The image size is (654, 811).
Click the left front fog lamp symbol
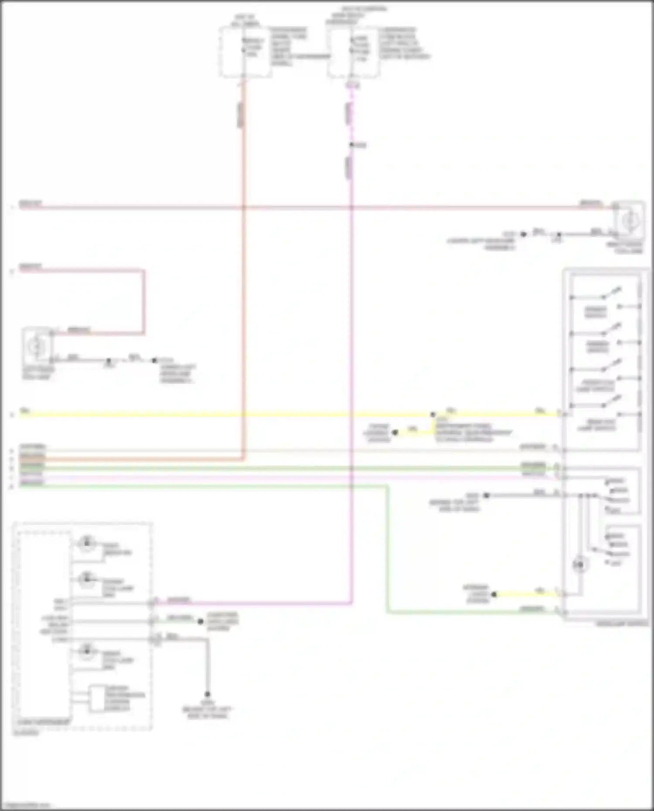pyautogui.click(x=37, y=346)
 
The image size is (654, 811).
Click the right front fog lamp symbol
pyautogui.click(x=629, y=221)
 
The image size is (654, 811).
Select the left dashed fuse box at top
pyautogui.click(x=245, y=52)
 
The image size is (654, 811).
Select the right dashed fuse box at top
pyautogui.click(x=353, y=52)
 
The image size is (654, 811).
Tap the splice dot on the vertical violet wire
pyautogui.click(x=351, y=145)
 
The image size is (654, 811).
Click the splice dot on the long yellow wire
pyautogui.click(x=433, y=414)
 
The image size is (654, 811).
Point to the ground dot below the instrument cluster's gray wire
pyautogui.click(x=208, y=694)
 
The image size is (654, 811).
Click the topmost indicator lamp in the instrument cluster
pyautogui.click(x=86, y=543)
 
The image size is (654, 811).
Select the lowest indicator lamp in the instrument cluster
pyautogui.click(x=87, y=651)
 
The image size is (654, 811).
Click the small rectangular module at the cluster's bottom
pyautogui.click(x=97, y=699)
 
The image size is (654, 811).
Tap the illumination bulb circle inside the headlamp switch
pyautogui.click(x=579, y=565)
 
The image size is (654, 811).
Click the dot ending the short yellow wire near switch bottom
pyautogui.click(x=494, y=594)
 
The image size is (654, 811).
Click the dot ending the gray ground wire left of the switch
pyautogui.click(x=487, y=495)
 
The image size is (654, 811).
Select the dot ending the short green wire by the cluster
pyautogui.click(x=201, y=621)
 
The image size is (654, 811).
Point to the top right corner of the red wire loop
pyautogui.click(x=143, y=271)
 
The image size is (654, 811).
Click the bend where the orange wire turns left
pyautogui.click(x=243, y=458)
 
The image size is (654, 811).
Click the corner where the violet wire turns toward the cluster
pyautogui.click(x=351, y=603)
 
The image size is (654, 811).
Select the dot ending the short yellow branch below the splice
pyautogui.click(x=395, y=432)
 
